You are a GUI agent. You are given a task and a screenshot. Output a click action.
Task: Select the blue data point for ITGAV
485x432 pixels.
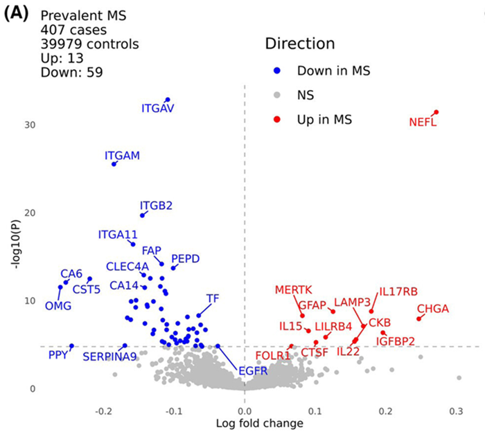point(167,100)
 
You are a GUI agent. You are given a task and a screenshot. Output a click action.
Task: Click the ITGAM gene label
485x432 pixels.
point(123,156)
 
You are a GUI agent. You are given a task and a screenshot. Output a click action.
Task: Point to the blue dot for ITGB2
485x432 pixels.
point(143,215)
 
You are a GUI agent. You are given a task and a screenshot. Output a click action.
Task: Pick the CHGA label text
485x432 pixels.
point(433,309)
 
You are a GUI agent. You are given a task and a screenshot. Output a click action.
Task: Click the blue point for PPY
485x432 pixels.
point(71,346)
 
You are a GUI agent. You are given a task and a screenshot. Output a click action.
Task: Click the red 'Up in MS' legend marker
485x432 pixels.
point(276,120)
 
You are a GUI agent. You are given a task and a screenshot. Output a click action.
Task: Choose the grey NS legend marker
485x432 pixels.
point(276,96)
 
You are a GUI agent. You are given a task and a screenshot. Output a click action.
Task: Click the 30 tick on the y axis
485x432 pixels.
point(29,125)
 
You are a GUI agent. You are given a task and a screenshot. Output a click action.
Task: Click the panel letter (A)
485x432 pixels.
point(17,15)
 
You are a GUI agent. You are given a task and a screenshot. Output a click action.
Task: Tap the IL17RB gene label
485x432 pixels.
point(398,292)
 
